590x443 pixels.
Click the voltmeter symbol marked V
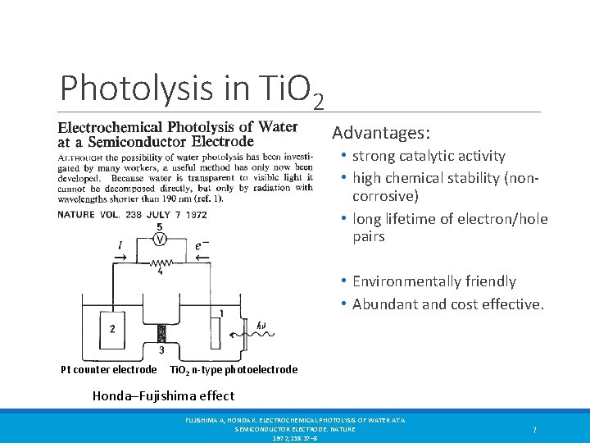160,240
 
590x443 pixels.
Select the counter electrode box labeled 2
112,329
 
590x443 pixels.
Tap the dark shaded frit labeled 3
161,334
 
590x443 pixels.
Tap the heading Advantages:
380,132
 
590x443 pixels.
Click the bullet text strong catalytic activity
429,156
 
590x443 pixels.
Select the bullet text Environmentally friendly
433,281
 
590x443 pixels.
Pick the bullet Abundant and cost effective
447,304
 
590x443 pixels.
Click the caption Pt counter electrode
108,370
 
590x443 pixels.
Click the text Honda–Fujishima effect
163,395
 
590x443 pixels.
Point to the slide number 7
534,429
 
